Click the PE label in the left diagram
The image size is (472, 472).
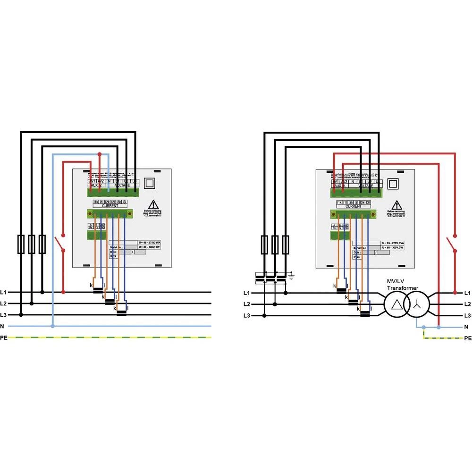pos(4,337)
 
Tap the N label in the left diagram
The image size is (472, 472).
pos(2,326)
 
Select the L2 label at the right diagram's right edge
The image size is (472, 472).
pos(467,304)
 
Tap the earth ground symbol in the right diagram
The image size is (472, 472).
pos(292,275)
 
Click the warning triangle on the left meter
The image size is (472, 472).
pos(154,204)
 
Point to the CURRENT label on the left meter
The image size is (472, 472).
pos(110,206)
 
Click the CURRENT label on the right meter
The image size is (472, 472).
pos(354,206)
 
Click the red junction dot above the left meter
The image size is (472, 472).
pos(99,154)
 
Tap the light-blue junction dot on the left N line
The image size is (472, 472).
pos(52,326)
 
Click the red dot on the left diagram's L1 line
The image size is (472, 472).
pos(63,292)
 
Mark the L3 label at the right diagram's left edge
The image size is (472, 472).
pos(246,315)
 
